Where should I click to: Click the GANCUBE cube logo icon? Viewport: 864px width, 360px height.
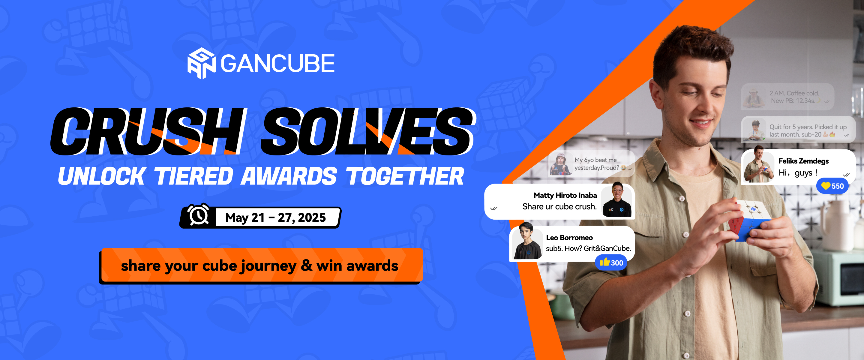tap(201, 63)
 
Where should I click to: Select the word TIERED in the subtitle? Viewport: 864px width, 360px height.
tap(193, 176)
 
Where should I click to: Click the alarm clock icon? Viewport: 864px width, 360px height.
tap(198, 215)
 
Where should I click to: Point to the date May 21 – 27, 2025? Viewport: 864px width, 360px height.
tap(275, 217)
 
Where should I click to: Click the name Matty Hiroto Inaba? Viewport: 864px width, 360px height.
tap(565, 195)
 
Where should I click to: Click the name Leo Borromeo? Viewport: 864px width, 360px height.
tap(569, 238)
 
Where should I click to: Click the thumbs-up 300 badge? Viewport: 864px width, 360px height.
tap(611, 262)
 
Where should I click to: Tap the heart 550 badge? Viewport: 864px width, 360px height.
tap(832, 186)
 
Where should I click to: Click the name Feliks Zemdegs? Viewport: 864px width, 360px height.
tap(803, 161)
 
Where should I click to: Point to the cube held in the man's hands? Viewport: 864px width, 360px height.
tap(749, 220)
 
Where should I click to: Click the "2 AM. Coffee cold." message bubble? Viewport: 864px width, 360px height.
tap(787, 97)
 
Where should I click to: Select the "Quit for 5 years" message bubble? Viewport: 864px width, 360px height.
tap(798, 130)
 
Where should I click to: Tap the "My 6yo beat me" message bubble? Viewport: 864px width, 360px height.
tap(591, 163)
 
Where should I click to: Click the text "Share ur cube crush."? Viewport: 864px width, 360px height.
tap(559, 206)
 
